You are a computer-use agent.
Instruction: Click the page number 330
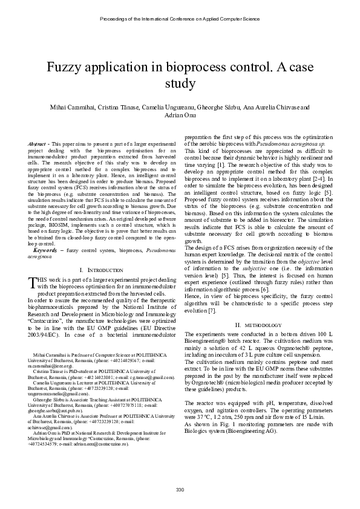[180, 488]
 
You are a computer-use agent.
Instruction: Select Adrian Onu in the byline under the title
[180, 115]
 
